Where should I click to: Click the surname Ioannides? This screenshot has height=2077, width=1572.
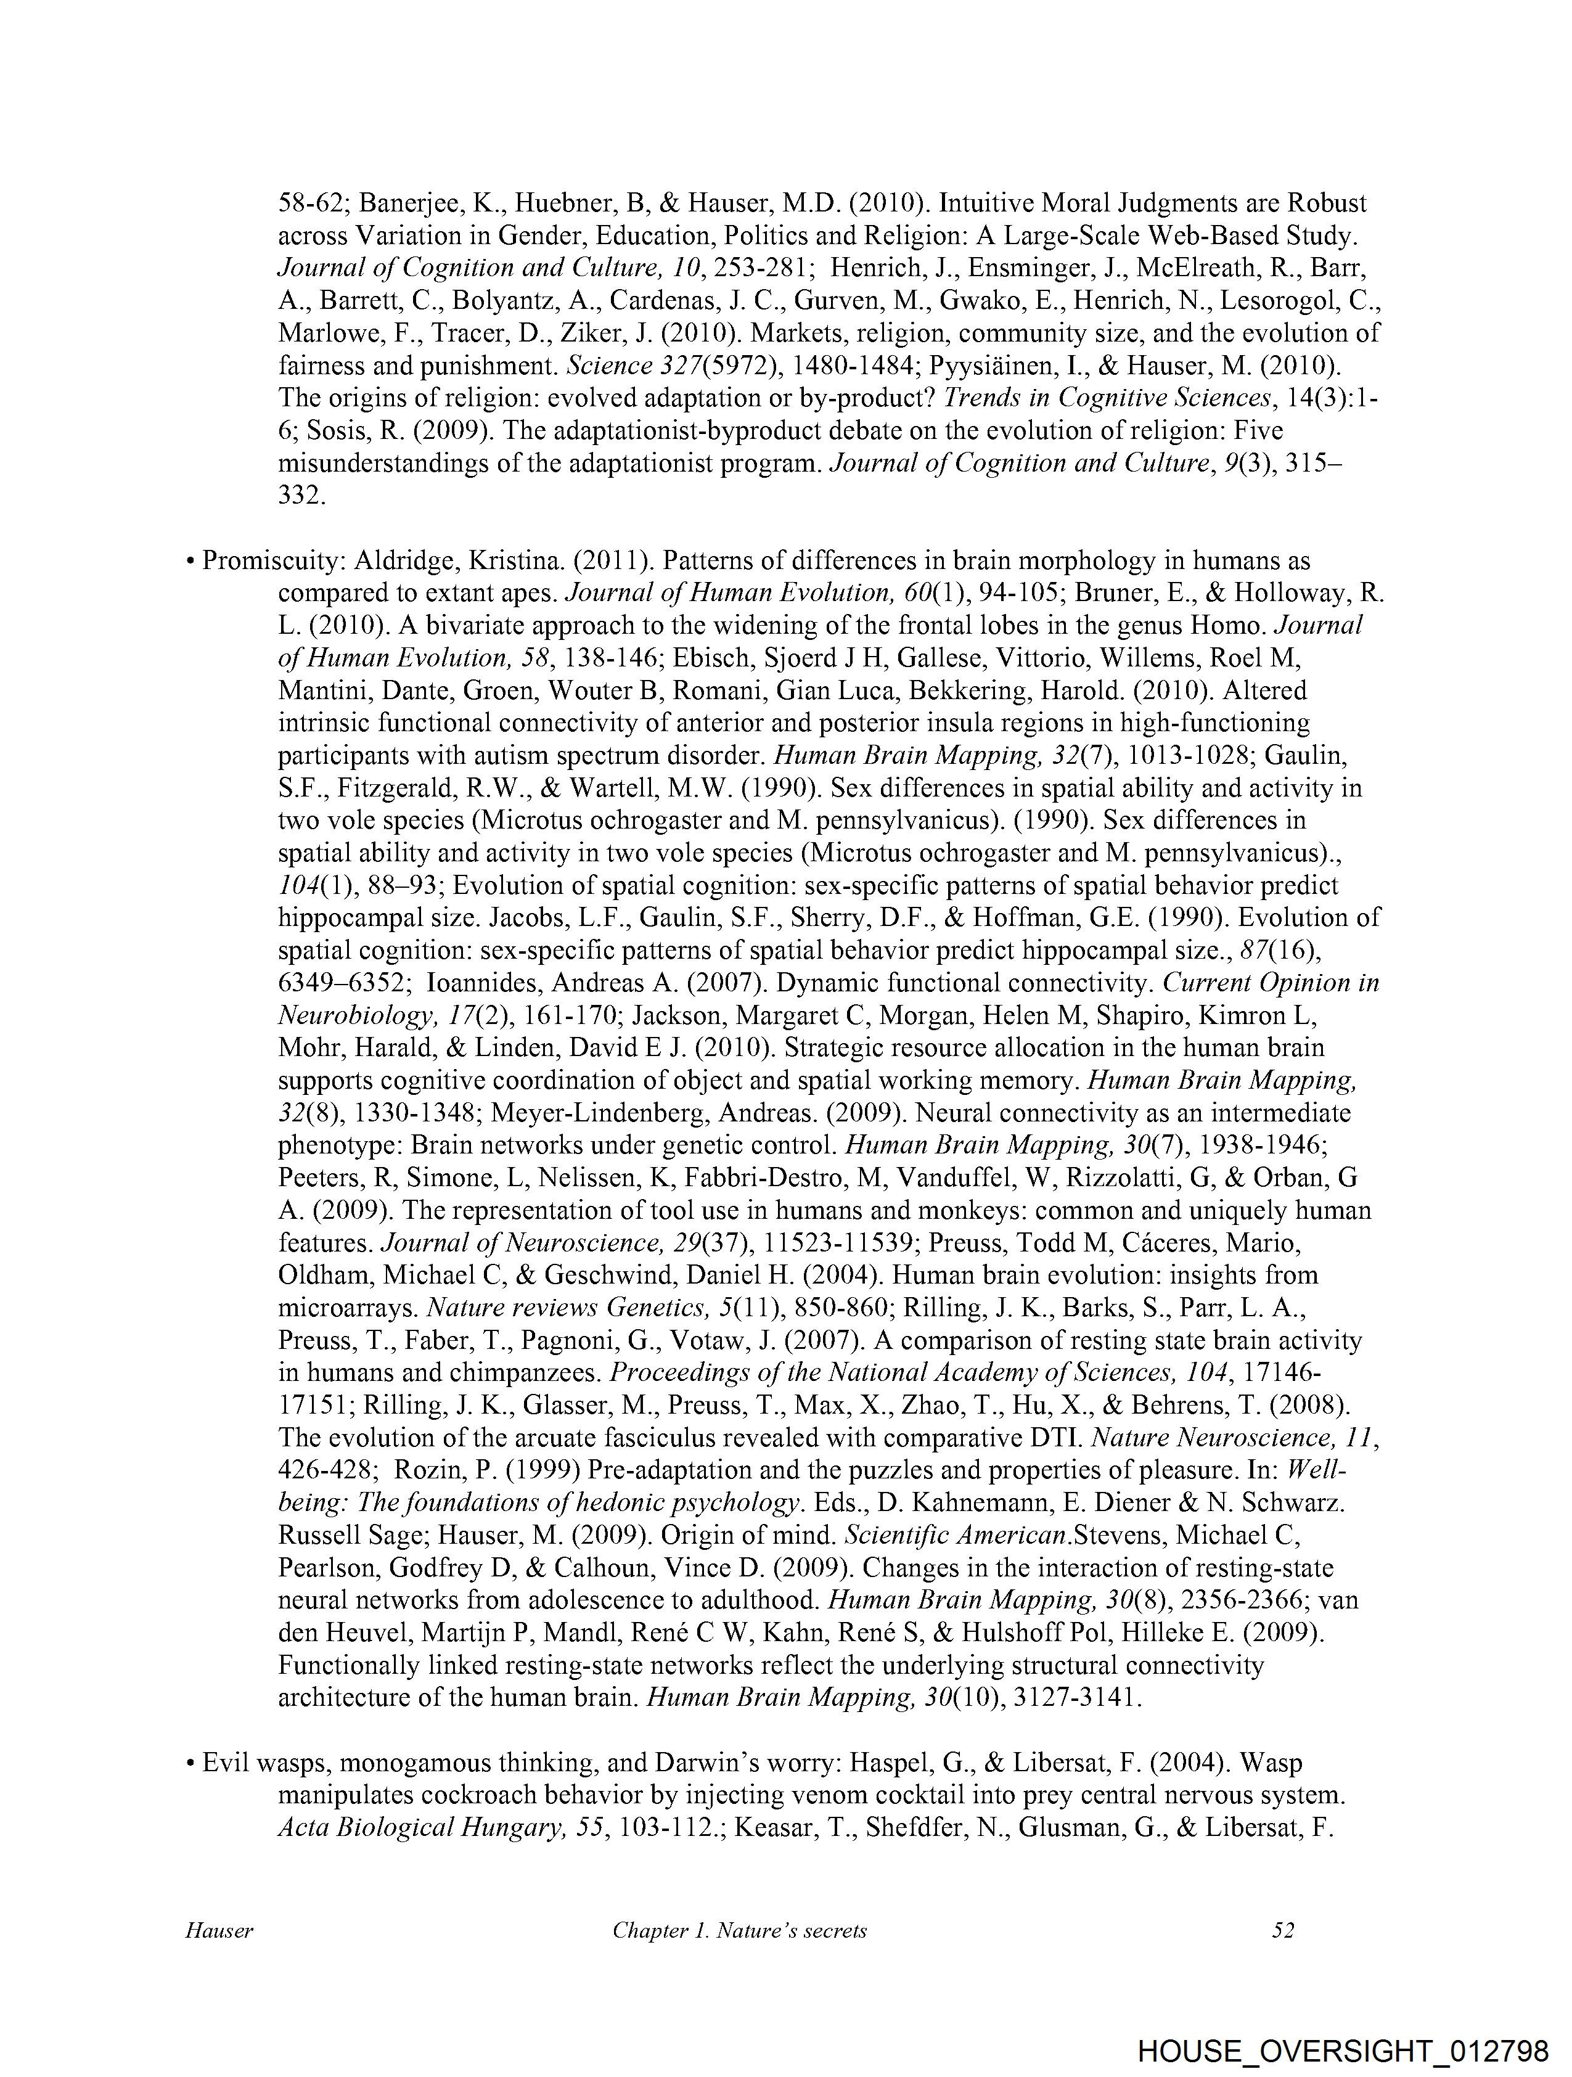[x=483, y=983]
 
